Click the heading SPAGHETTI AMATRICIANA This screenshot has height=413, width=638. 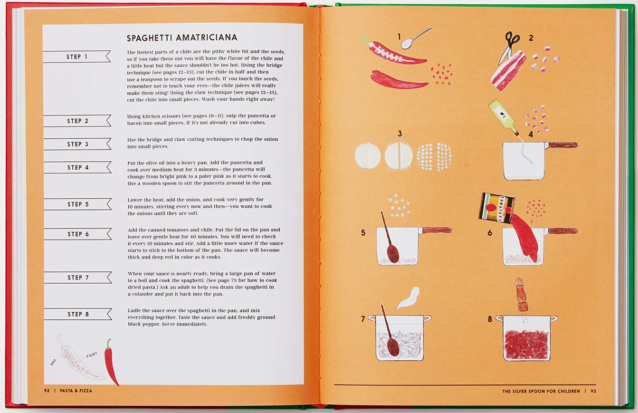tap(182, 38)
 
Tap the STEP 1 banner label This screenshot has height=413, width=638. tap(76, 57)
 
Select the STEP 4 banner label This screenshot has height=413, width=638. tap(77, 167)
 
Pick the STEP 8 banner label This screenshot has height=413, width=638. tap(78, 314)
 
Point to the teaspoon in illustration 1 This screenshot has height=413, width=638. tap(414, 39)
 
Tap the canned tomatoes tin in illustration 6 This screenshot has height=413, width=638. tap(496, 207)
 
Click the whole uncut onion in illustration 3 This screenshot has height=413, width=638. tap(368, 156)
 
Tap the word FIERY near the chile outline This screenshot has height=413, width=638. tap(92, 355)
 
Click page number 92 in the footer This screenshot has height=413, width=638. tap(47, 391)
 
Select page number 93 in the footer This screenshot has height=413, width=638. tap(593, 391)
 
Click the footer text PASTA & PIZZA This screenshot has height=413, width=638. tap(76, 391)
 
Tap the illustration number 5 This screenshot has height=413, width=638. tap(363, 233)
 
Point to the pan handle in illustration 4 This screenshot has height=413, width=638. tap(562, 145)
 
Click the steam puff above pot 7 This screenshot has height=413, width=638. tap(409, 297)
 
